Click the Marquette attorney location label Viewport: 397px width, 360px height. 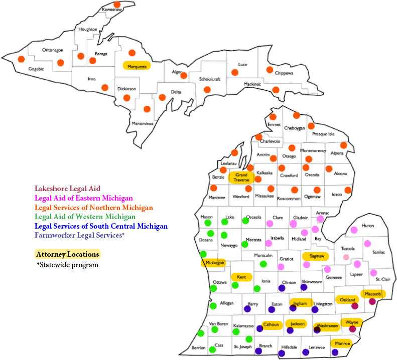(136, 66)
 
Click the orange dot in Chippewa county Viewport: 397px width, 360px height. (270, 70)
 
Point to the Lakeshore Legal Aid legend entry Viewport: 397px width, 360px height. (67, 189)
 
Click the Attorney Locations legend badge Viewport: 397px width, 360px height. (67, 254)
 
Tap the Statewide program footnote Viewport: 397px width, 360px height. (67, 265)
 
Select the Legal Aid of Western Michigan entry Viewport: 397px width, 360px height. (85, 217)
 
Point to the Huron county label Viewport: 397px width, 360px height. (367, 226)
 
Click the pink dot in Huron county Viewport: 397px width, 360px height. (354, 230)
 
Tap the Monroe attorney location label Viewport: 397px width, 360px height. (342, 343)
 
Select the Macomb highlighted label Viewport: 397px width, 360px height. (373, 293)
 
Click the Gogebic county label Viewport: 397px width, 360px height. (36, 69)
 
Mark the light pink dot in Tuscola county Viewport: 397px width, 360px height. (346, 257)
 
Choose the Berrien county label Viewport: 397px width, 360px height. (198, 347)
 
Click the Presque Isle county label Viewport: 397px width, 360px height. (323, 134)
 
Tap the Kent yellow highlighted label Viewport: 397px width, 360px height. (241, 277)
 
